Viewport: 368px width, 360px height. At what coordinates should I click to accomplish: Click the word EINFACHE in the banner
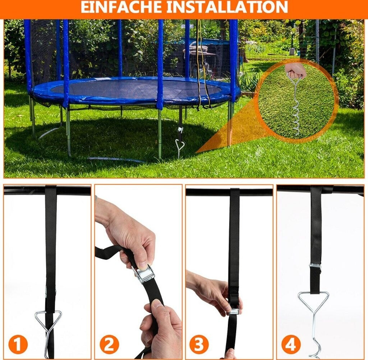tap(121, 7)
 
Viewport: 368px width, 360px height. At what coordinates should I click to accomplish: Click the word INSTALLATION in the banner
tap(227, 7)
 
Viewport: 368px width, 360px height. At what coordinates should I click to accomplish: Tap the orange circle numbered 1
tap(18, 345)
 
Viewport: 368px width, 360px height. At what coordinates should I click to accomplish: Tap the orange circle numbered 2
tap(109, 345)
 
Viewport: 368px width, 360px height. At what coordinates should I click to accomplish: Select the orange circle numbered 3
tap(199, 345)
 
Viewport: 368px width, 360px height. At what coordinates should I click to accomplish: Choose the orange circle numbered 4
tap(291, 345)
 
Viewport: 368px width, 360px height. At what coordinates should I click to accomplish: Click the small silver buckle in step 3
tap(234, 311)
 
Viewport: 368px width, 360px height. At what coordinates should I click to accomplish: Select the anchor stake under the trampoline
tap(179, 148)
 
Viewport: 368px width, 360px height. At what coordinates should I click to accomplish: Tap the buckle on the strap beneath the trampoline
tap(180, 129)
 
